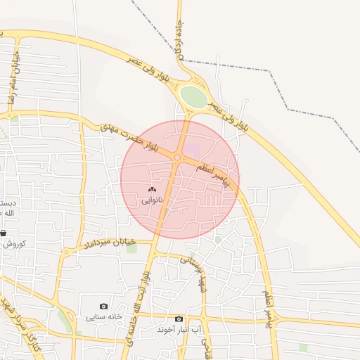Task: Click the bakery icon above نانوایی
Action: click(x=152, y=190)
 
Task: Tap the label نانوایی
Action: click(x=152, y=200)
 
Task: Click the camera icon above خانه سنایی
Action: click(x=104, y=306)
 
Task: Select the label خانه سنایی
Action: click(x=104, y=316)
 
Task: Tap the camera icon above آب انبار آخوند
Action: click(x=178, y=319)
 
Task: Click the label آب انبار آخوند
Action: click(x=179, y=329)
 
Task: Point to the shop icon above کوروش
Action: click(x=4, y=233)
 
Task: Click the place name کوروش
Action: click(x=14, y=243)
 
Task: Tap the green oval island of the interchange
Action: click(x=193, y=97)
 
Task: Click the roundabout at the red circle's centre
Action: click(x=178, y=158)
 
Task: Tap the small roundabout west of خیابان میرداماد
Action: click(x=65, y=252)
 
